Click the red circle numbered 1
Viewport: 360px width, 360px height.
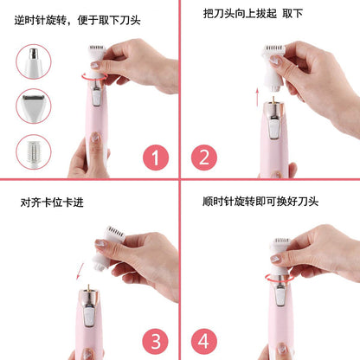click(156, 158)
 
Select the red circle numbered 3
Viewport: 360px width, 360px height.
click(156, 337)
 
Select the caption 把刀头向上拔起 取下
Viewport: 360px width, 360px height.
click(253, 15)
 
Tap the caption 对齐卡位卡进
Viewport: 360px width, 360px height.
click(52, 202)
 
